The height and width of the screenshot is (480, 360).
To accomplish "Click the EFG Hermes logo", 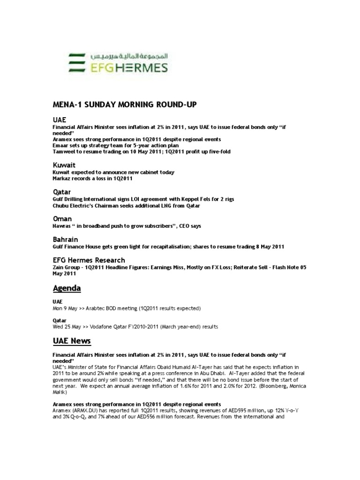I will tap(118, 63).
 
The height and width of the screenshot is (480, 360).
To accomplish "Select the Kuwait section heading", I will tap(64, 165).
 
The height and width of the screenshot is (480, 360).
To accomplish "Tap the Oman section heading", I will tap(62, 218).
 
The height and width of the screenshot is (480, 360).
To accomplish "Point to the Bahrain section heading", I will tap(65, 239).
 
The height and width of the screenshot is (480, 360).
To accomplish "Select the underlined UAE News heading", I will tap(72, 340).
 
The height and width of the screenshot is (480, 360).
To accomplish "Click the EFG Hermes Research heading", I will tap(89, 260).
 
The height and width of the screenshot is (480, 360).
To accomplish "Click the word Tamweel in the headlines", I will tap(63, 151).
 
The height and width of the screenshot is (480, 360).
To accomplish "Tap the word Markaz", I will tap(61, 179).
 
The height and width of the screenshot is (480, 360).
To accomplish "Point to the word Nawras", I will tap(61, 226).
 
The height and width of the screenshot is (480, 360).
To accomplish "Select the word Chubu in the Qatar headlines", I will tap(60, 206).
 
